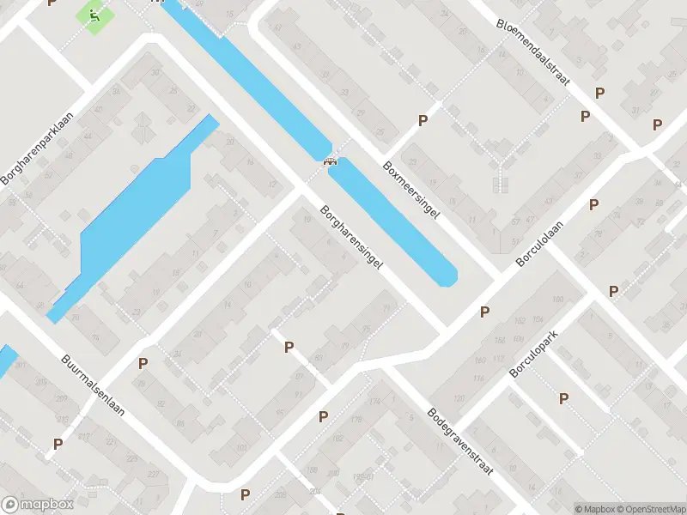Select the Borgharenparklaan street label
click(x=39, y=150)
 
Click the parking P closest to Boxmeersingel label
click(x=423, y=121)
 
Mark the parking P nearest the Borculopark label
click(x=564, y=398)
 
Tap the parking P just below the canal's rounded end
click(x=484, y=312)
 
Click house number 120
click(x=459, y=398)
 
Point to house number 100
click(x=557, y=300)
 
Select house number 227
click(x=154, y=475)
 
